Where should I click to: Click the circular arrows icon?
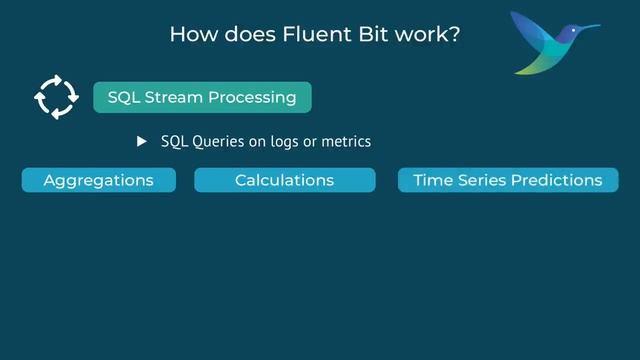click(x=55, y=97)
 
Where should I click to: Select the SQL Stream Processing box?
click(x=202, y=97)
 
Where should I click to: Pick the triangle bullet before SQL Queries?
click(x=142, y=142)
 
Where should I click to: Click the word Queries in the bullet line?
click(x=217, y=142)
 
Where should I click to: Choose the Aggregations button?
click(x=98, y=180)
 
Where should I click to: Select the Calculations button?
click(x=284, y=180)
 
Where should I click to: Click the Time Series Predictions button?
click(x=508, y=180)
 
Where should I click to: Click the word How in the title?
click(x=190, y=34)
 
